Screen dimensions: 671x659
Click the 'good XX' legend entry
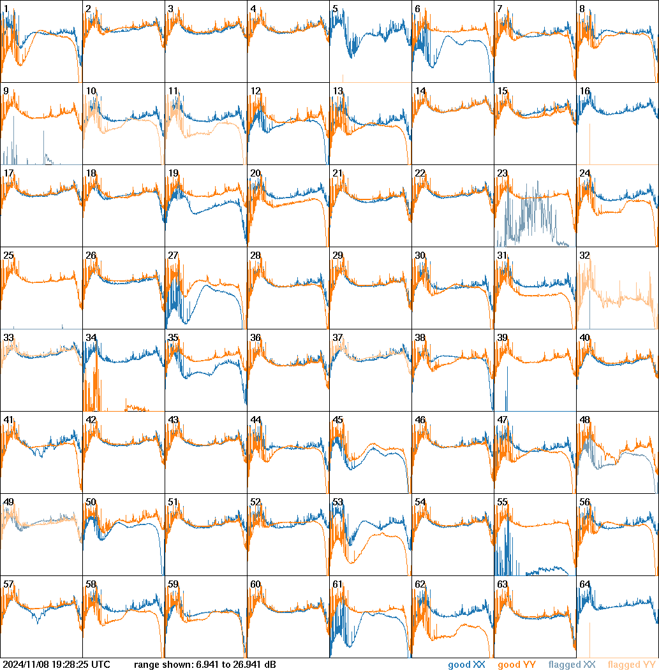(468, 665)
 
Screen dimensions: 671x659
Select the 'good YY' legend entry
(517, 665)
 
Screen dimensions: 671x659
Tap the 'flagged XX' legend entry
(572, 665)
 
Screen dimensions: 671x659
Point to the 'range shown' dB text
(205, 665)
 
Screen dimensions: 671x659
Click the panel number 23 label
(502, 173)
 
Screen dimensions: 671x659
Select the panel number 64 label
(584, 584)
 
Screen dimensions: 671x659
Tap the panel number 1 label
(6, 9)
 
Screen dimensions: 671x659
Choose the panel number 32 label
(584, 256)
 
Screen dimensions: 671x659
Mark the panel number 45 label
(337, 420)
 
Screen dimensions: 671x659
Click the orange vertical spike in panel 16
(589, 143)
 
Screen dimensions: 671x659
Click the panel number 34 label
(91, 338)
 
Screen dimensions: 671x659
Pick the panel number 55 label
(502, 502)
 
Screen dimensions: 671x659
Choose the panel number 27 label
(173, 256)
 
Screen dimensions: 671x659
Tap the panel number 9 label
(6, 91)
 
